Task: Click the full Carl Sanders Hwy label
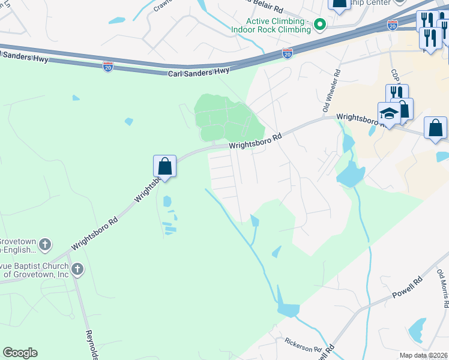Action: (198, 71)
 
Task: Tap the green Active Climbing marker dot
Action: (320, 25)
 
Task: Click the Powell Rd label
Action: (408, 287)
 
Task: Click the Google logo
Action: (20, 353)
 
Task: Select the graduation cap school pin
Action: (388, 113)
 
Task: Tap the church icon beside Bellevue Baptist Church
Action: (77, 269)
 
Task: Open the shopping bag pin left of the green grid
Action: (164, 166)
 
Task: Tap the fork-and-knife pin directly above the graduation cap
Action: (396, 93)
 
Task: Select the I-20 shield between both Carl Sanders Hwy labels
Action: (108, 65)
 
